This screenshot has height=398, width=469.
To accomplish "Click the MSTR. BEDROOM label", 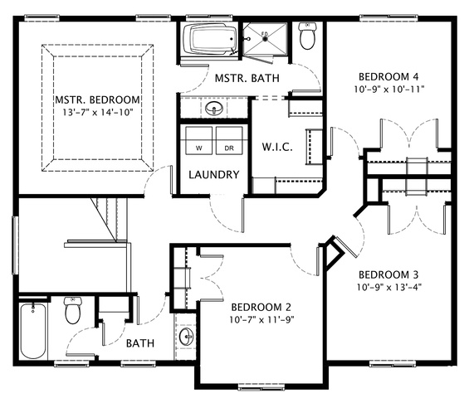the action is click(97, 99).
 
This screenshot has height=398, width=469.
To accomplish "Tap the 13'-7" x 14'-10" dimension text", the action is click(97, 112).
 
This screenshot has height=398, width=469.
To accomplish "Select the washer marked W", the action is click(198, 140).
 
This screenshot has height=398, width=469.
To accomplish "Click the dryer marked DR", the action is click(229, 140).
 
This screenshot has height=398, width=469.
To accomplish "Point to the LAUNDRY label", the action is click(214, 174).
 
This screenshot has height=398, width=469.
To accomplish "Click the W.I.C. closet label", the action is click(277, 147).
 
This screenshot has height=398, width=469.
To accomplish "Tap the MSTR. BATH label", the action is click(247, 78).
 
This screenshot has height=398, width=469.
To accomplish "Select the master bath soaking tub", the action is click(209, 39).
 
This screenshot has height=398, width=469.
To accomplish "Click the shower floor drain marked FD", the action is click(265, 37).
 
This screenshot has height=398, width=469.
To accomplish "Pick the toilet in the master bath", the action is click(307, 36).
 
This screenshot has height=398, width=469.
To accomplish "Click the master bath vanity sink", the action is click(214, 108).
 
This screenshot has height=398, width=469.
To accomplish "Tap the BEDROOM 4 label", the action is click(388, 77).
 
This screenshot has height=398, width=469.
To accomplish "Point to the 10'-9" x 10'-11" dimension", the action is click(389, 90).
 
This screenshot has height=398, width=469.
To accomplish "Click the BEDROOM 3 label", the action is click(388, 274).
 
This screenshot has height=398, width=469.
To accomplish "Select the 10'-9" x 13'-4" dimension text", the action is click(389, 287).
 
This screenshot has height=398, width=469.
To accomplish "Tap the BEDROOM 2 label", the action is click(261, 307).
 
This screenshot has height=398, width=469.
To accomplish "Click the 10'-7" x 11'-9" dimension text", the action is click(261, 320).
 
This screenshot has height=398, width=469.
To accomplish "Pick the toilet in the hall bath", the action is click(73, 310).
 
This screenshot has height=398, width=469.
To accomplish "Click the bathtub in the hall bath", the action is click(33, 331).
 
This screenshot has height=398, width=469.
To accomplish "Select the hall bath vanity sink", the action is click(187, 336).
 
